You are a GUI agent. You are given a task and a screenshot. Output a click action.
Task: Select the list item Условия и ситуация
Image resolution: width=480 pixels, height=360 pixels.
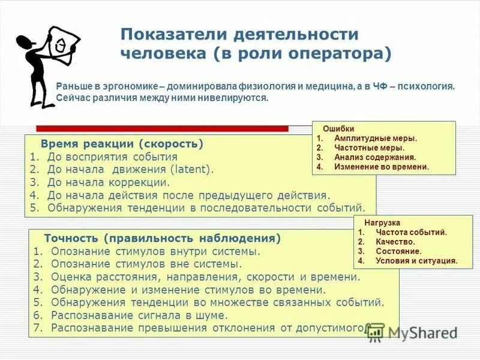click(x=416, y=261)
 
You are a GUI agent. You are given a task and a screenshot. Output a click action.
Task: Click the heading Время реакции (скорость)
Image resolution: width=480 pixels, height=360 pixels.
click(x=122, y=144)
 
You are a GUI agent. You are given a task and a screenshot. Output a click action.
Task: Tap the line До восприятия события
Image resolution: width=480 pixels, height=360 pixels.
click(x=112, y=157)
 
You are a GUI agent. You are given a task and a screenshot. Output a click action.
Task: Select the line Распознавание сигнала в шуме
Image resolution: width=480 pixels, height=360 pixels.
click(x=139, y=315)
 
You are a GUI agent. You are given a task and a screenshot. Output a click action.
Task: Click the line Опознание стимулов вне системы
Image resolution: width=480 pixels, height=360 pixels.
click(x=146, y=264)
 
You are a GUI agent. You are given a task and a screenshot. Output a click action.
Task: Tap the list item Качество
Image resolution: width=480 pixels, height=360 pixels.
click(x=395, y=242)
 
